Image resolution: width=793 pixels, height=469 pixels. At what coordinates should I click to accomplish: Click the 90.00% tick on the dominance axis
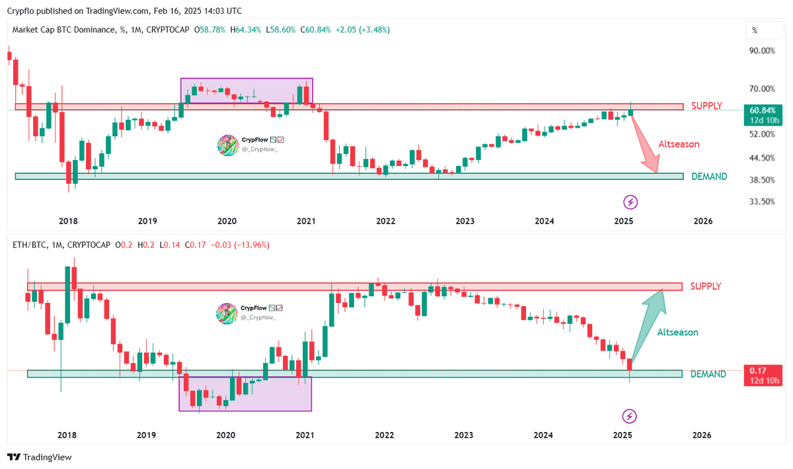(x=761, y=50)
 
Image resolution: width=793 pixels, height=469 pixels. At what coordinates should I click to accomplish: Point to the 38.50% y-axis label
(x=761, y=180)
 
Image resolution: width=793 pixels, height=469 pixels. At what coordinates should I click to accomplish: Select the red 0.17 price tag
(x=763, y=375)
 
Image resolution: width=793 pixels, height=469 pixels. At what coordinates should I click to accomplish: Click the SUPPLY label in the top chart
(x=706, y=106)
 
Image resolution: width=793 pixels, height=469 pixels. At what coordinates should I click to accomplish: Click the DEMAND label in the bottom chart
(x=708, y=374)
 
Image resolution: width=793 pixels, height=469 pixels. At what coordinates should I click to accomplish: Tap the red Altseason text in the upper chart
(x=679, y=144)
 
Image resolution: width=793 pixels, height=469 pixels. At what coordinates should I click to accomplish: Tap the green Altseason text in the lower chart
(x=677, y=332)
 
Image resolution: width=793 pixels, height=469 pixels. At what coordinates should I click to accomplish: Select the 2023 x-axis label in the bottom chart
(x=464, y=435)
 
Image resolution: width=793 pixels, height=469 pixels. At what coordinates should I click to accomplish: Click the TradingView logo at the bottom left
(x=39, y=457)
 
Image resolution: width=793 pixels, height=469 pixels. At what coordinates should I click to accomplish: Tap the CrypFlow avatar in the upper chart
(x=227, y=146)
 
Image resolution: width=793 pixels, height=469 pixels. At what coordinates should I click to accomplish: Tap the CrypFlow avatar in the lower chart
(x=227, y=313)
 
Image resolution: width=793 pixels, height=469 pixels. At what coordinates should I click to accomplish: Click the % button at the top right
(x=754, y=30)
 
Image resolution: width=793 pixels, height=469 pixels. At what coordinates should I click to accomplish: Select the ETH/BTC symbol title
(x=30, y=245)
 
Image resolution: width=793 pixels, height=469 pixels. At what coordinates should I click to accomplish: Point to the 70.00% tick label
(x=761, y=89)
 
